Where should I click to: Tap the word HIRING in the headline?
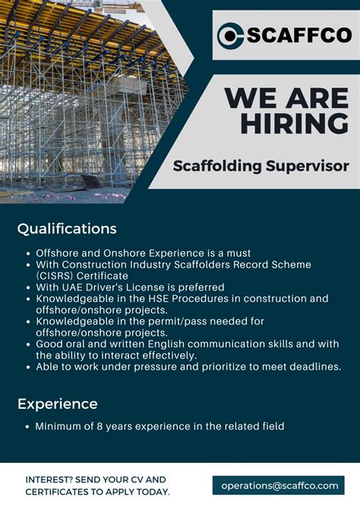295,123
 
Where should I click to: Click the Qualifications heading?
67,229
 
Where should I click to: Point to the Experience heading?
58,404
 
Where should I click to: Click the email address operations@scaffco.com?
279,485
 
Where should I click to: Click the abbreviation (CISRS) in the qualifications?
60,275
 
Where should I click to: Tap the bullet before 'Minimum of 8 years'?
28,426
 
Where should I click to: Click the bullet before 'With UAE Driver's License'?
28,287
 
